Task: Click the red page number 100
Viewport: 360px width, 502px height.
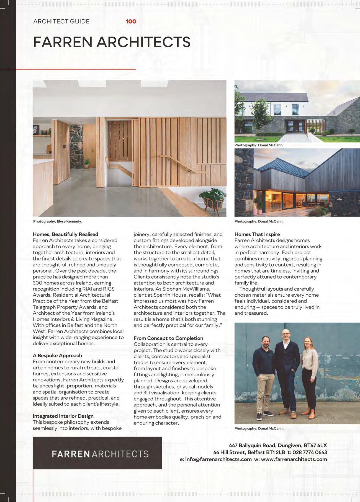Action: pos(131,21)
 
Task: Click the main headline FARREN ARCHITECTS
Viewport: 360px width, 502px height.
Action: pos(112,42)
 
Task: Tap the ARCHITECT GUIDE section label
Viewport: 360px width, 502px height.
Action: pos(61,21)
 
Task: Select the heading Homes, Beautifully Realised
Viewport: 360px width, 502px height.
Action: pos(65,234)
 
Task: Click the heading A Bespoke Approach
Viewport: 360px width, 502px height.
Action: pos(57,355)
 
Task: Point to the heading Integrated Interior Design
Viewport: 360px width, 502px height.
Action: pos(63,416)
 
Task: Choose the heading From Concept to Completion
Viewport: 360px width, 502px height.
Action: pos(168,338)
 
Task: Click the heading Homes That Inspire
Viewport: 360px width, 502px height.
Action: pos(257,234)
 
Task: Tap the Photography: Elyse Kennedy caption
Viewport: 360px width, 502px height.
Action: pos(58,221)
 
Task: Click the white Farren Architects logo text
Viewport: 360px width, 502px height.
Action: pos(100,454)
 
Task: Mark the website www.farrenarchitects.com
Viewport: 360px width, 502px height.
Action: pos(294,459)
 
